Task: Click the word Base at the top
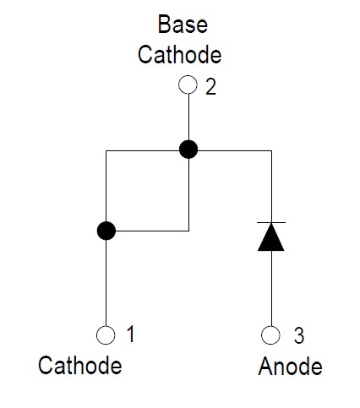(183, 24)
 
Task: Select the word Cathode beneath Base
(180, 54)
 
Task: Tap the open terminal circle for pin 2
(188, 84)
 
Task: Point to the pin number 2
(210, 86)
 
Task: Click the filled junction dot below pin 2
(188, 150)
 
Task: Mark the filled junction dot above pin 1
(106, 231)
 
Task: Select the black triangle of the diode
(271, 237)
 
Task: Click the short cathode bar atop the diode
(271, 222)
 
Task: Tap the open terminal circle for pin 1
(106, 335)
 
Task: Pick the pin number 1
(130, 335)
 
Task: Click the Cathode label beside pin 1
(80, 365)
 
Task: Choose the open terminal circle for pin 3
(270, 335)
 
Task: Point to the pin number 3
(299, 335)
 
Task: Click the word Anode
(291, 366)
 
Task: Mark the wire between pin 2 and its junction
(188, 117)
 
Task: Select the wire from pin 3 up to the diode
(271, 288)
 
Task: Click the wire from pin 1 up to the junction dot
(106, 283)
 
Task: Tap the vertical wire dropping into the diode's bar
(271, 187)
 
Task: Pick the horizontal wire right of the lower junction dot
(152, 231)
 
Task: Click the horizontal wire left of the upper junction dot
(143, 151)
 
